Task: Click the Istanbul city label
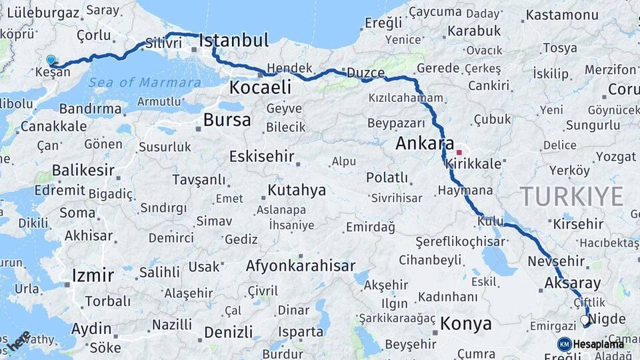click(234, 41)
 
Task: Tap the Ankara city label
click(425, 143)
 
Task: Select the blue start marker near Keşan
click(51, 60)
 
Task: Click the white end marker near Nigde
click(585, 321)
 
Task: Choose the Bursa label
click(227, 121)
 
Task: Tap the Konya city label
click(466, 325)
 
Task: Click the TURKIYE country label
click(571, 197)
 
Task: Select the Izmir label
click(93, 275)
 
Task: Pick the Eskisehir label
click(261, 157)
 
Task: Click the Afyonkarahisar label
click(301, 266)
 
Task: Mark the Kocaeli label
click(261, 87)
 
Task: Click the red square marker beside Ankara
click(459, 152)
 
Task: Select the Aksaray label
click(573, 283)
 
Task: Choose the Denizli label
click(229, 332)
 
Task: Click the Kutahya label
click(297, 191)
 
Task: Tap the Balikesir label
click(83, 171)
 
